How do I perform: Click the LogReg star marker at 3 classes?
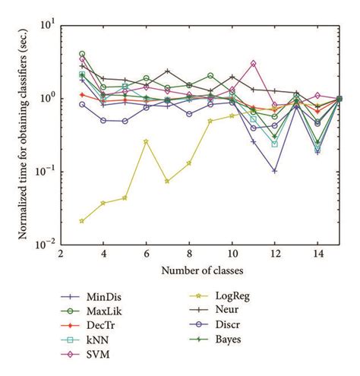82,221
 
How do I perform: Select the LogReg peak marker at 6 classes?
147,141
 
